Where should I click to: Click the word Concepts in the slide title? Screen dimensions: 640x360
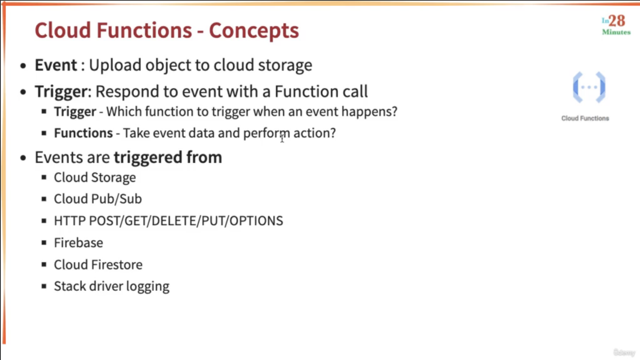point(254,31)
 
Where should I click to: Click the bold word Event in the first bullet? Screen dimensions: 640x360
point(56,65)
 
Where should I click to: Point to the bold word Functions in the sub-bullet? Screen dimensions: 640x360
point(83,133)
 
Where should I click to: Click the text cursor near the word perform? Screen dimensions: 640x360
point(282,138)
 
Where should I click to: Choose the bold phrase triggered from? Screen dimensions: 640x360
point(168,157)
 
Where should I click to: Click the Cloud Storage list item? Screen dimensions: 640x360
point(95,178)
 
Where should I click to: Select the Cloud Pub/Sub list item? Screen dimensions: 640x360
point(98,199)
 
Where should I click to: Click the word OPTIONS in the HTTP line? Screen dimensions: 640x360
point(256,221)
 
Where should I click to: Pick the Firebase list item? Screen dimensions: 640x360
point(79,243)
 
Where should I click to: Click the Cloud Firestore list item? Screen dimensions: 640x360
point(98,265)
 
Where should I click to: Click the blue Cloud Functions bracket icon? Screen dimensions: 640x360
point(589,87)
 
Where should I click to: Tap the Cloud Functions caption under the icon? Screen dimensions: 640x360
point(585,118)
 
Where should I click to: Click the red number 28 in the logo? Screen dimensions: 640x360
point(617,21)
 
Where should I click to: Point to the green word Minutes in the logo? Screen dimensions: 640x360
point(616,32)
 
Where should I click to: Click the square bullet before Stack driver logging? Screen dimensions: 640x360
point(44,286)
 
